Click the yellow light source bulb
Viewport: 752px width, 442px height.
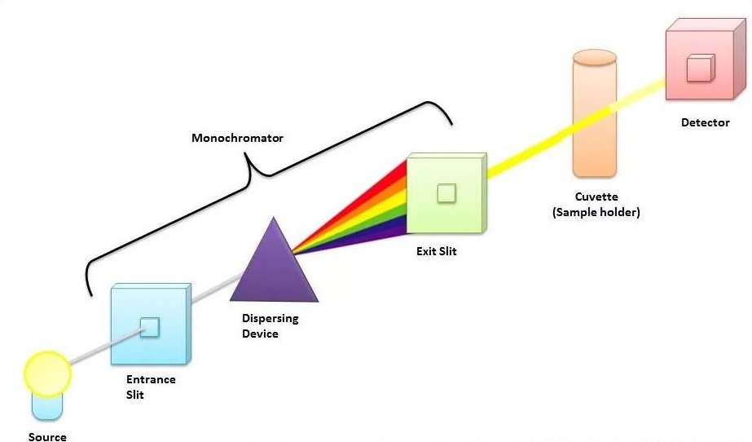48,373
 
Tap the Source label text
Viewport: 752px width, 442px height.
47,437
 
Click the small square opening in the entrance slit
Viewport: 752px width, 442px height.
149,327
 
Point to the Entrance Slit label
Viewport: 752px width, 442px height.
151,387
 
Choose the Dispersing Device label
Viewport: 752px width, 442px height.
270,325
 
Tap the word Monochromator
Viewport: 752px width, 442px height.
237,138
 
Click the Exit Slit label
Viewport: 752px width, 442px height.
436,251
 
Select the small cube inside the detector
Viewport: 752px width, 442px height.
699,69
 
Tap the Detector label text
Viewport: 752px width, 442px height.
705,123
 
